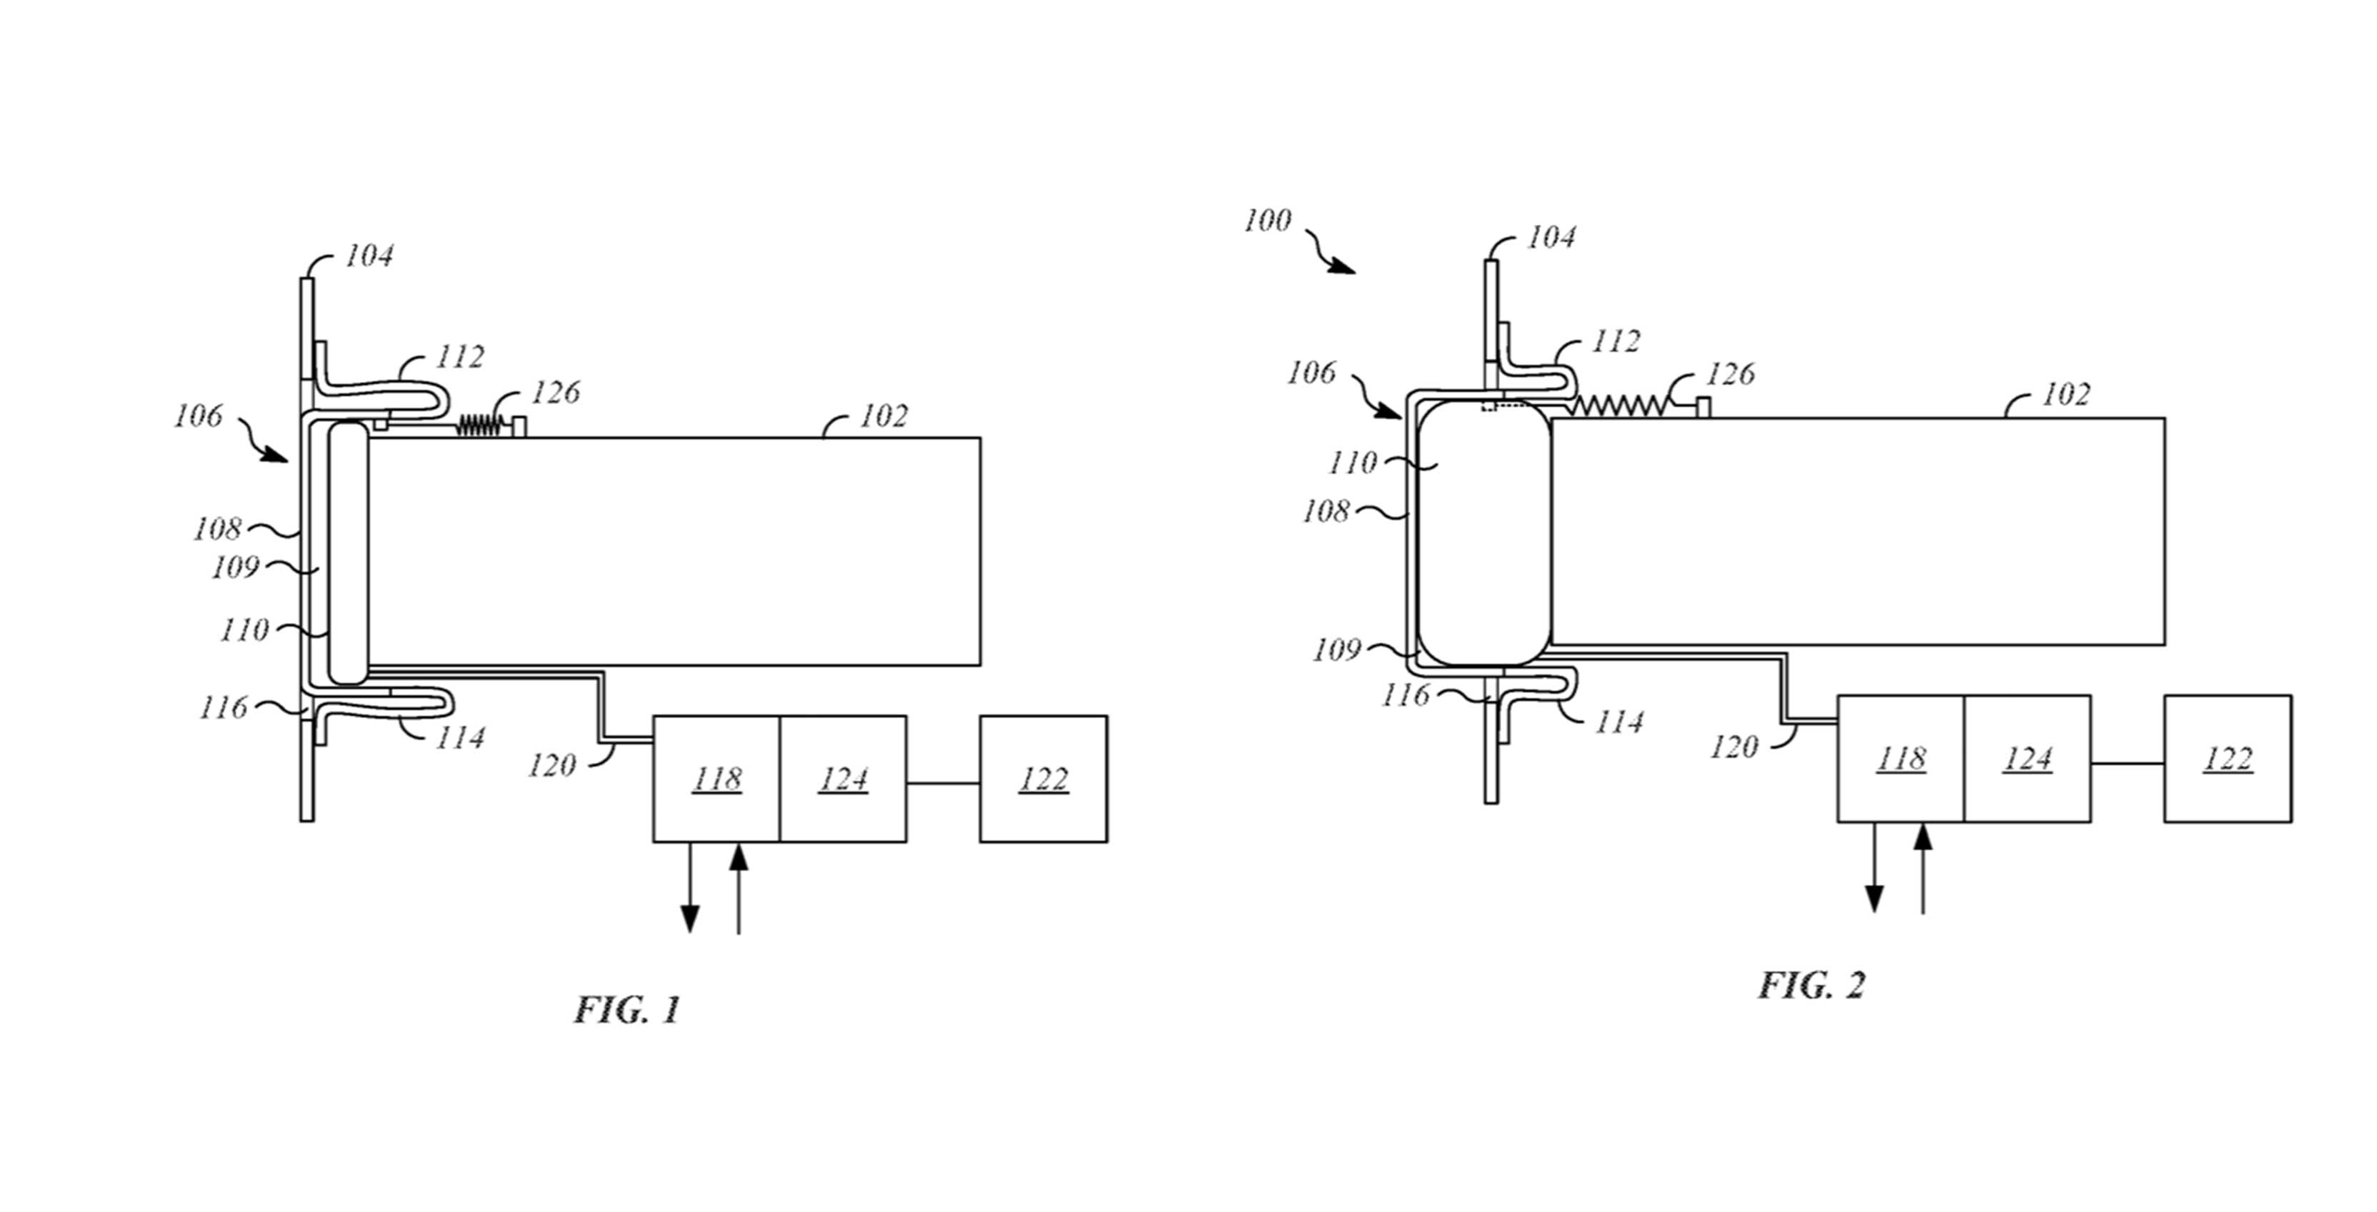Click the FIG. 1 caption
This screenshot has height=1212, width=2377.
tap(628, 1009)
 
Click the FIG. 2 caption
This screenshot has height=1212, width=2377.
tap(1811, 985)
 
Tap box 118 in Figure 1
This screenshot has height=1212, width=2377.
tap(716, 779)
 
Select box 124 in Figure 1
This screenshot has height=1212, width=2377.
tap(844, 779)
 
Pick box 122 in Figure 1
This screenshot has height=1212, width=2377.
tap(1044, 779)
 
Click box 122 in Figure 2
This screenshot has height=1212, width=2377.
tap(2228, 758)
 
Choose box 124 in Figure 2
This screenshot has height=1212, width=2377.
tap(2027, 758)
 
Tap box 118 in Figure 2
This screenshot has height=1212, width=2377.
tap(1901, 758)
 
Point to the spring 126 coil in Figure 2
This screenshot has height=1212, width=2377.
tap(1621, 404)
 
